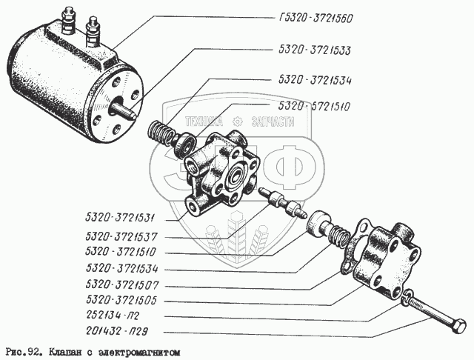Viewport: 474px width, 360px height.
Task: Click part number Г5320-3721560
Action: pos(316,19)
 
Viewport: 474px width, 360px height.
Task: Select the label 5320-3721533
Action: pos(314,50)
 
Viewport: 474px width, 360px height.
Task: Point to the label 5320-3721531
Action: pos(120,218)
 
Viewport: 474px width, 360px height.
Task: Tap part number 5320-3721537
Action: pos(121,236)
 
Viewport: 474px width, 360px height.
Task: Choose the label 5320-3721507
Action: pos(121,284)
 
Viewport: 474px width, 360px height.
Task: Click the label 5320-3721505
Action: pos(121,299)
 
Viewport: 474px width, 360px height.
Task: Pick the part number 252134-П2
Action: pos(113,316)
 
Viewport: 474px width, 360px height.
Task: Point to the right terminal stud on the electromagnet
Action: pos(93,32)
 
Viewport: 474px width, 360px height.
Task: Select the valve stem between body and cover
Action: pos(283,203)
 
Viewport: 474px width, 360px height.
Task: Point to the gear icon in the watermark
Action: pos(238,121)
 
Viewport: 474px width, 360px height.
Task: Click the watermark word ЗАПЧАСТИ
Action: pos(273,121)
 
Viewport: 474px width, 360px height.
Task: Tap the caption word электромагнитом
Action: pos(140,353)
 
